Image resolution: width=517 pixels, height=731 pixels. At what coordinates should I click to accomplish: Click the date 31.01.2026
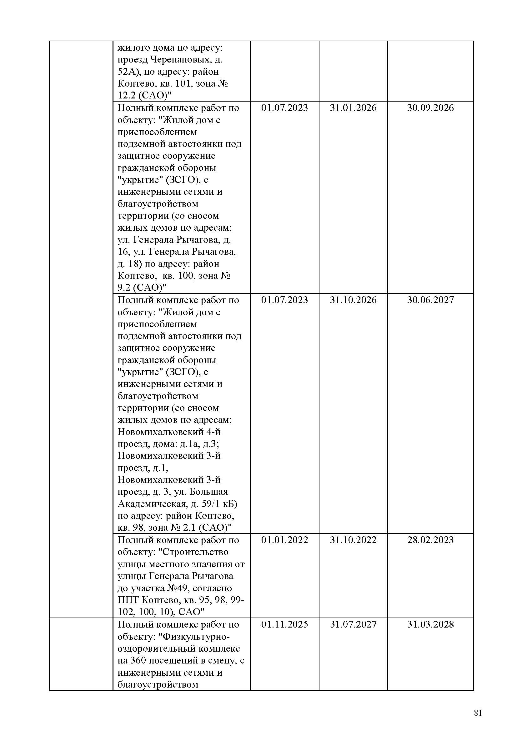(353, 108)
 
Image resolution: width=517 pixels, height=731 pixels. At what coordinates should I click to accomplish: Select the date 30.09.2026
(430, 108)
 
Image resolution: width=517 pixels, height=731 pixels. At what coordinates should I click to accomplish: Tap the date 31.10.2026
(353, 300)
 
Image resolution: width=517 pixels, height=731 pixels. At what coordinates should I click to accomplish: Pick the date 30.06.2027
(430, 300)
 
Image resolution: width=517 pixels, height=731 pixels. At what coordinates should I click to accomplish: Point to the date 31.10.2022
(353, 540)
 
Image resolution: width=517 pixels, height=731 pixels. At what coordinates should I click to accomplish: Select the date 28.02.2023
(430, 540)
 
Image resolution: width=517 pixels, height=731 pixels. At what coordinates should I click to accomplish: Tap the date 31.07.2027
(353, 624)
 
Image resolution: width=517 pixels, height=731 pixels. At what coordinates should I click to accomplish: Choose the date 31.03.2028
(430, 624)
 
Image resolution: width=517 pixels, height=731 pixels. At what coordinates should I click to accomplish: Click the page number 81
(478, 713)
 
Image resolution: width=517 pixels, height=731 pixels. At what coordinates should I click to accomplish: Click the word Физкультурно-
(196, 636)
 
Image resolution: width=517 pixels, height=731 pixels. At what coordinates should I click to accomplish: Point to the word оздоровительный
(157, 648)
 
